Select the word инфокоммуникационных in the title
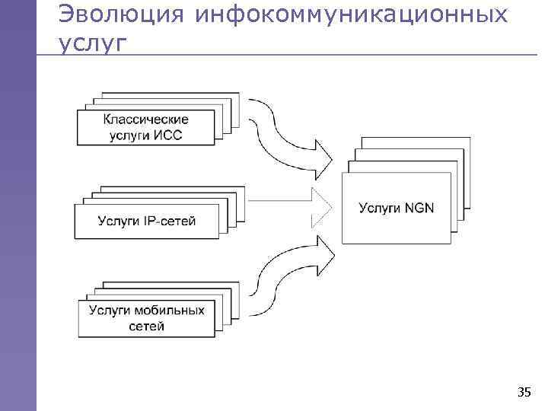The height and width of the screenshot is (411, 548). coord(351,14)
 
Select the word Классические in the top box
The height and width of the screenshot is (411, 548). coord(146,119)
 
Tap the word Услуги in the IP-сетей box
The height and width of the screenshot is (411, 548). coord(119,221)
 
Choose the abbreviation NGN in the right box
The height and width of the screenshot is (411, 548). coord(418,207)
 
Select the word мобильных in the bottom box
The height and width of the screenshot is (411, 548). coord(169,311)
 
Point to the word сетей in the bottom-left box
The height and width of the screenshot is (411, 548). coord(147,327)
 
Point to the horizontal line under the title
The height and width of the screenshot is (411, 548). coord(304,55)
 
